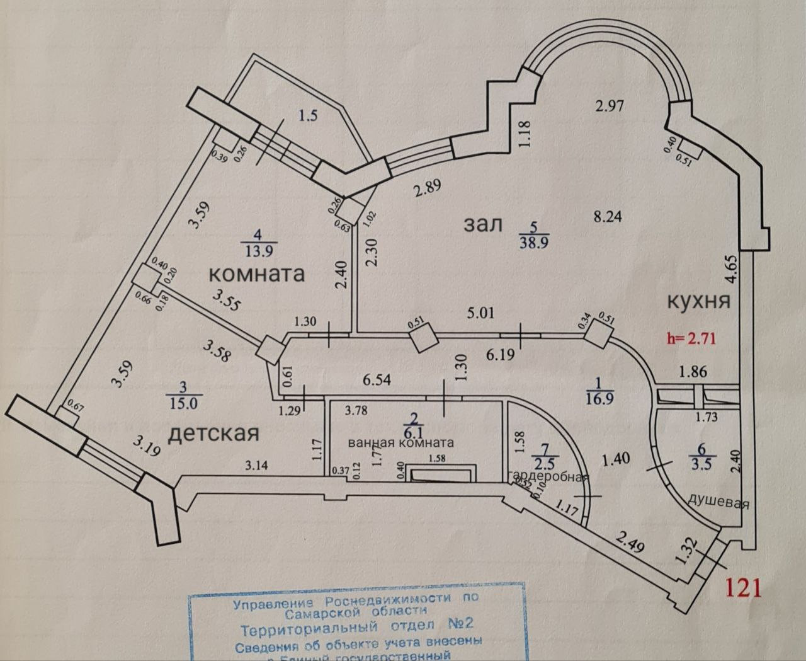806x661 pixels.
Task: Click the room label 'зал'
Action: tap(484, 224)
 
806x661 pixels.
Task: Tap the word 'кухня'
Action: tap(698, 301)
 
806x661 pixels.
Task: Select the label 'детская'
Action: tap(214, 434)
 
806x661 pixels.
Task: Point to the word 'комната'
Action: tap(256, 273)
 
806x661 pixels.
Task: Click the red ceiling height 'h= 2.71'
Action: tap(692, 338)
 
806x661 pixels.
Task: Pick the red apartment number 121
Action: tap(744, 587)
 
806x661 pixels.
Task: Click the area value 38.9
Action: tap(532, 241)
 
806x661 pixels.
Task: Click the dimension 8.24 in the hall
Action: tap(608, 216)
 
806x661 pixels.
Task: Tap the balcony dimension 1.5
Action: tap(308, 116)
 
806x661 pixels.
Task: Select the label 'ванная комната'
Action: tap(400, 443)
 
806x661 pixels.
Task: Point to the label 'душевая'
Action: tap(718, 503)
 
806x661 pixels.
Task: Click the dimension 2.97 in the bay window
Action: tap(610, 105)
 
